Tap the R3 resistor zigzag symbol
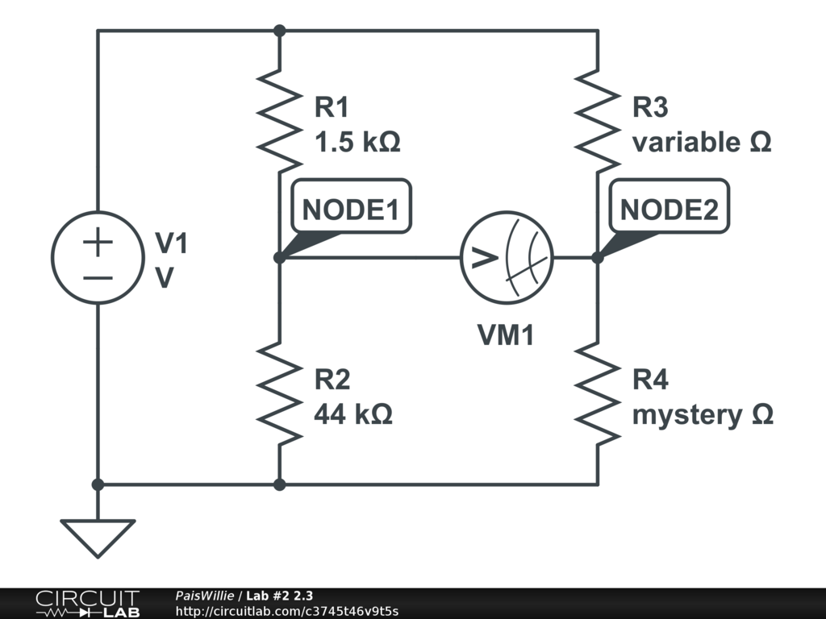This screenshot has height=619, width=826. [x=598, y=121]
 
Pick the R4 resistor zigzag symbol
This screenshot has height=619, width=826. [x=598, y=393]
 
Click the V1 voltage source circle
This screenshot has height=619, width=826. [x=98, y=258]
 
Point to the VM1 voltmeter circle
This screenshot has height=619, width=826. [x=507, y=258]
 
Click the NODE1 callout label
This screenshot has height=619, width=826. [x=350, y=210]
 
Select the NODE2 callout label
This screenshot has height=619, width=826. [x=669, y=210]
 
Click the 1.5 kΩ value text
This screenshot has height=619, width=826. [x=357, y=143]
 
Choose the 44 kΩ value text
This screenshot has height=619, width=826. [x=353, y=414]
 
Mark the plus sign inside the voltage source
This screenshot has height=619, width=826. [x=98, y=243]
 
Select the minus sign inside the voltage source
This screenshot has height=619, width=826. [x=98, y=278]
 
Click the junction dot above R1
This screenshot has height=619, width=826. [x=279, y=31]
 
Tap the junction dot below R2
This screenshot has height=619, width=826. [x=279, y=484]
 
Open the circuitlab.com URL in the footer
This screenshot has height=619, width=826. [x=286, y=611]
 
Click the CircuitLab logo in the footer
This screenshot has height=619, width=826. [x=87, y=603]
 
